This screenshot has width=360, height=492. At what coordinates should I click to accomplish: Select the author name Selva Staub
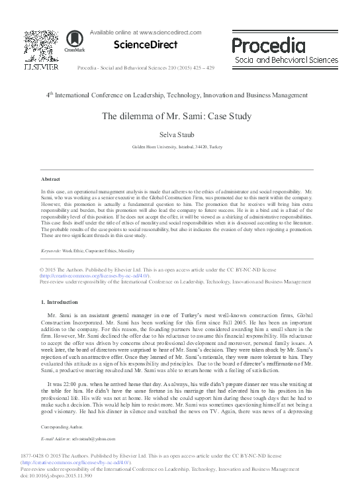click(180, 135)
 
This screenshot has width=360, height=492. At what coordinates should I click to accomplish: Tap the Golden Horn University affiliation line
click(180, 147)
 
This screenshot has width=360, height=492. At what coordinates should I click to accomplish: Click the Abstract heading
click(50, 179)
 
